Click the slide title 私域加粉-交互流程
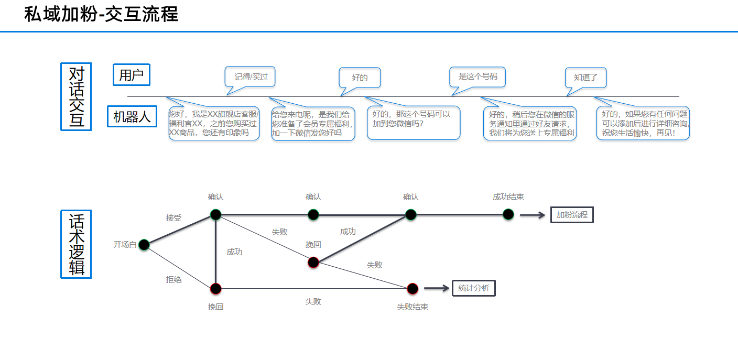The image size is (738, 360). click(x=101, y=14)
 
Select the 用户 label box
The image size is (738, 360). click(x=132, y=75)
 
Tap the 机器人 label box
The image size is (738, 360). click(x=132, y=117)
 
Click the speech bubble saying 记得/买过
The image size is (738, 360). click(x=251, y=77)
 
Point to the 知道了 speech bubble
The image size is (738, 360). click(x=585, y=78)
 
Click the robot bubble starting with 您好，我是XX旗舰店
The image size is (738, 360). click(x=214, y=123)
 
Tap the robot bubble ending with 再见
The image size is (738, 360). click(x=643, y=123)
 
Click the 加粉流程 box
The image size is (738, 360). click(x=572, y=215)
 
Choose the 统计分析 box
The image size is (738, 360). click(x=473, y=288)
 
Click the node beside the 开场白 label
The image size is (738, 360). click(x=144, y=245)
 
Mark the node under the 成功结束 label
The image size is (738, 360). click(x=508, y=214)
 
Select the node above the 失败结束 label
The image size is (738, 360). click(x=413, y=288)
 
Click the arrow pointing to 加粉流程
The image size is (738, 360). click(x=533, y=215)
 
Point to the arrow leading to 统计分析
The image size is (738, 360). click(x=437, y=288)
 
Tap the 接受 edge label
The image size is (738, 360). click(x=173, y=218)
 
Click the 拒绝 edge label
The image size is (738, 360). click(x=173, y=280)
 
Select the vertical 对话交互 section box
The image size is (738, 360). click(x=76, y=96)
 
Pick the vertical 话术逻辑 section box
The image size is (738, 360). click(x=76, y=244)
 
